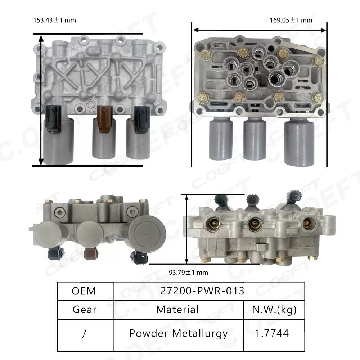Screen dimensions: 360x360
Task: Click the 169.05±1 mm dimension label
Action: click(x=291, y=20)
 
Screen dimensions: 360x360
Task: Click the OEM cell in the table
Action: click(x=84, y=291)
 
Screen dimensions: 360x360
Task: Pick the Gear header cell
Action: click(x=84, y=309)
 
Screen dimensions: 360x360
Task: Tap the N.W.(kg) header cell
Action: click(x=274, y=309)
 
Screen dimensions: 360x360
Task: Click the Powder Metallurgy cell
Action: click(x=178, y=333)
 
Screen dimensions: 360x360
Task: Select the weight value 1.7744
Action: click(x=274, y=333)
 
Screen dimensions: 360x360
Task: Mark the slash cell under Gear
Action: click(x=84, y=333)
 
